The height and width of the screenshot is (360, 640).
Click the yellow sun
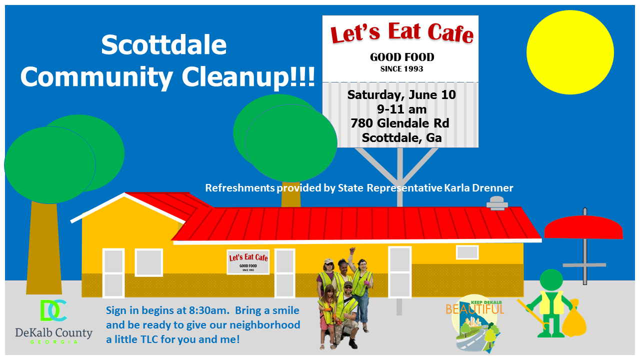pyautogui.click(x=570, y=52)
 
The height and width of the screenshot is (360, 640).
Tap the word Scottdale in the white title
pyautogui.click(x=164, y=45)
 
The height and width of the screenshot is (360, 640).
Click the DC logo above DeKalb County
pyautogui.click(x=53, y=310)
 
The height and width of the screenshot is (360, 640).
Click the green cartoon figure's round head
pyautogui.click(x=551, y=280)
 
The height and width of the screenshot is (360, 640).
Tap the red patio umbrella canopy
pyautogui.click(x=583, y=227)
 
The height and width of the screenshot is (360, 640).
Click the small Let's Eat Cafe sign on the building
pyautogui.click(x=248, y=262)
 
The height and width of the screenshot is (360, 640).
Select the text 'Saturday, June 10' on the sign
pyautogui.click(x=401, y=95)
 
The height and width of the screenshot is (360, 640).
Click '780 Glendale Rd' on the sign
pyautogui.click(x=400, y=123)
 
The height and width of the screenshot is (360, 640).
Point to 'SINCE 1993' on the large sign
pyautogui.click(x=401, y=69)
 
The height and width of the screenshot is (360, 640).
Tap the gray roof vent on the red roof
pyautogui.click(x=497, y=203)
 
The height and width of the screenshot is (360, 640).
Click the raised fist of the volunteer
pyautogui.click(x=352, y=250)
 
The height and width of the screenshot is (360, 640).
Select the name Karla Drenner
pyautogui.click(x=478, y=188)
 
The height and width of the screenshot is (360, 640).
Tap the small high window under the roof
pyautogui.click(x=467, y=252)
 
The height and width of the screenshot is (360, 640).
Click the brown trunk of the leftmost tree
pyautogui.click(x=44, y=248)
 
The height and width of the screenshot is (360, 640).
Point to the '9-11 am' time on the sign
pyautogui.click(x=401, y=109)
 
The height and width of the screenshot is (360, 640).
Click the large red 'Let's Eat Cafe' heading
pyautogui.click(x=401, y=33)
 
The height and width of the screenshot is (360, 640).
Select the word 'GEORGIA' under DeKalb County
pyautogui.click(x=53, y=342)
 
